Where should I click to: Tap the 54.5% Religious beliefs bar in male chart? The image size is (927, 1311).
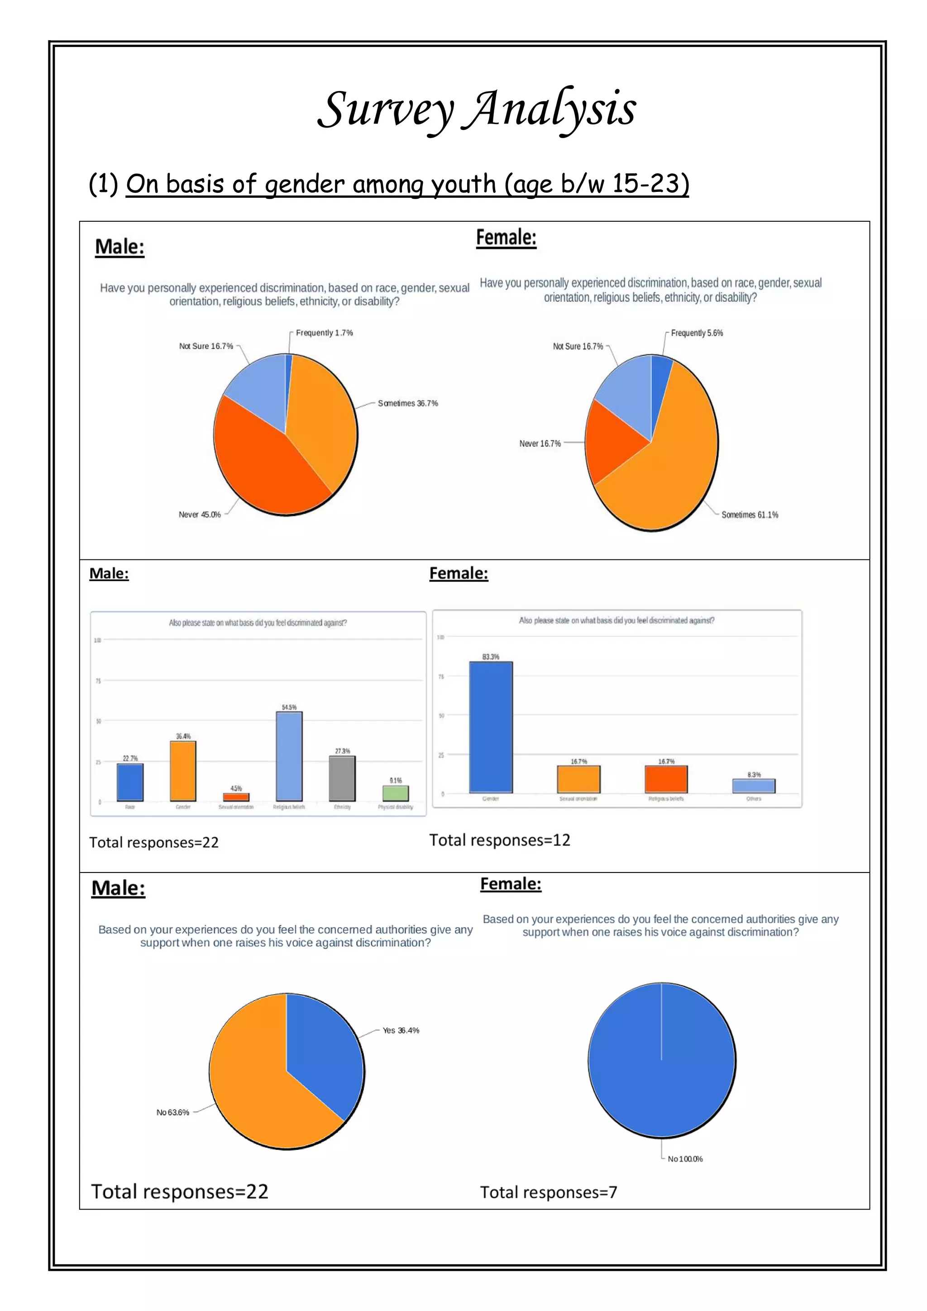coord(289,756)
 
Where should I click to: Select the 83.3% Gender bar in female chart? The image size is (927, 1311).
coord(491,727)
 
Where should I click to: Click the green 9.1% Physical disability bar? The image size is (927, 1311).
coord(395,793)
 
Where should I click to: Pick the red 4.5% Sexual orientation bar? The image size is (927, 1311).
coord(236,797)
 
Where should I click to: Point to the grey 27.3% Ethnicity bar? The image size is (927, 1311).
coord(342,778)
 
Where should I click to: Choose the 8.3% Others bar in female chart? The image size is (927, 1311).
coord(753,786)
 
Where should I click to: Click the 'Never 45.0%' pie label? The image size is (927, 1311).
coord(199,515)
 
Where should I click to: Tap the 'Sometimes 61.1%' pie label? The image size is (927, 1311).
coord(750,515)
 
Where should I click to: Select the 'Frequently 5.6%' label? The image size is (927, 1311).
coord(696,333)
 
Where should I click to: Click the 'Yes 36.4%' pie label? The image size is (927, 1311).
coord(401,1030)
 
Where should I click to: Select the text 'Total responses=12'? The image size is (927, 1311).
coord(499,840)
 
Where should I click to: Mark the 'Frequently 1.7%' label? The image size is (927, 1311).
coord(324,333)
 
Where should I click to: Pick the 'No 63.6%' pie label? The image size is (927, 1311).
coord(172,1112)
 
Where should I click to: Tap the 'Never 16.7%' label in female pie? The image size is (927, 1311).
coord(540,443)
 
